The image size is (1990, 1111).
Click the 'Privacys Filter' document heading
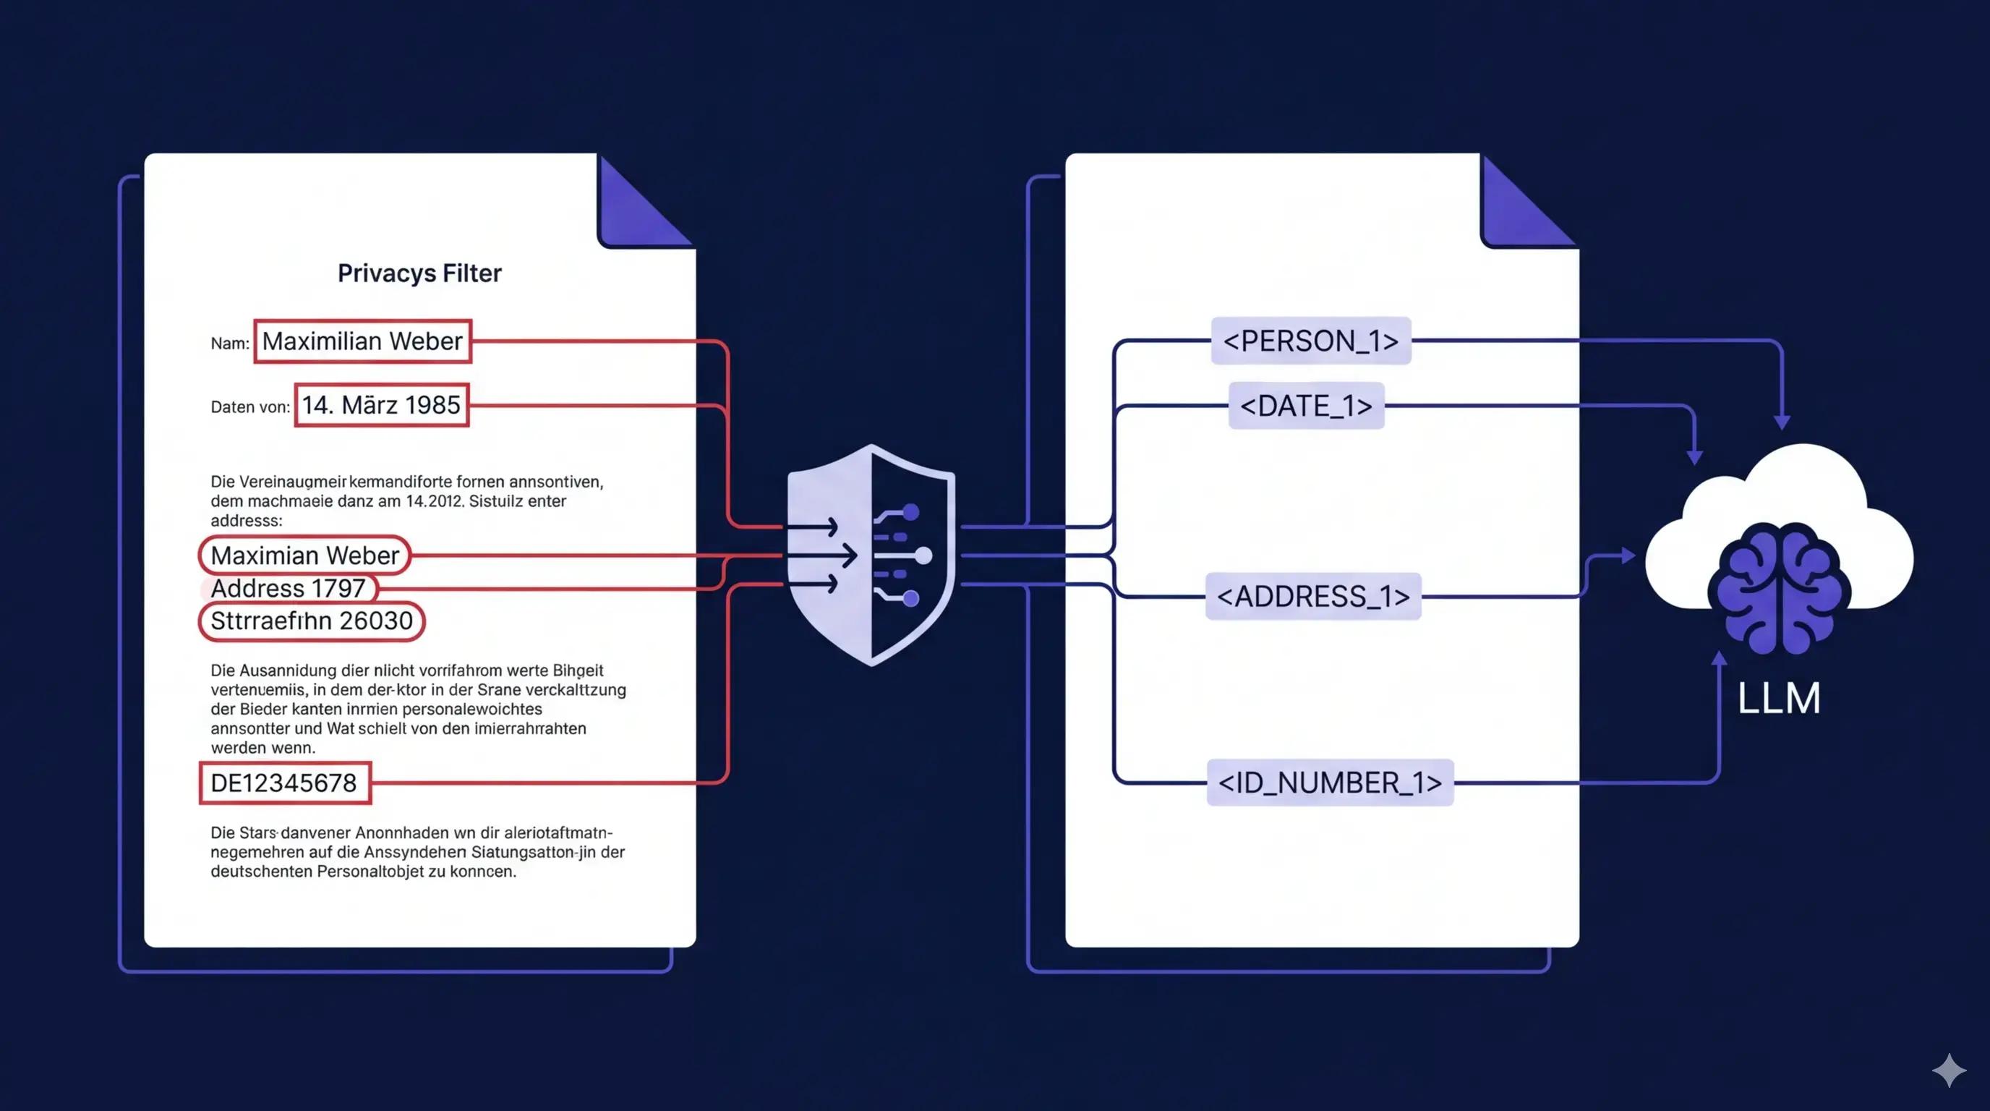click(419, 273)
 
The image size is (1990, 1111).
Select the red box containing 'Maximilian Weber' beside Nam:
click(362, 341)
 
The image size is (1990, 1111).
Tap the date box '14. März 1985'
click(382, 405)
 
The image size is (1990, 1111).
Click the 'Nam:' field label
click(229, 344)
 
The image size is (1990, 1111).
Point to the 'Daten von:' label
click(250, 407)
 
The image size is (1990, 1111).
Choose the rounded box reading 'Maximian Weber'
click(304, 555)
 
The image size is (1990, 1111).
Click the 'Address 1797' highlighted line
click(288, 588)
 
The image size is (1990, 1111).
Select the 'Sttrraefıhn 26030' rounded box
click(312, 621)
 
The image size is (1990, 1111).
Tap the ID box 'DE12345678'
click(284, 783)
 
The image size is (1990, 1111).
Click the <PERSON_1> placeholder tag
click(1311, 341)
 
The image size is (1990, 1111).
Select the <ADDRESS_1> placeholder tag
click(1312, 597)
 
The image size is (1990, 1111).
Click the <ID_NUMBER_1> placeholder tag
click(1330, 783)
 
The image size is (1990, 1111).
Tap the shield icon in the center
click(871, 555)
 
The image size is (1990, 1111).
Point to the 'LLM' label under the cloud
click(1778, 699)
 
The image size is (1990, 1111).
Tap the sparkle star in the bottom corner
click(1949, 1070)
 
